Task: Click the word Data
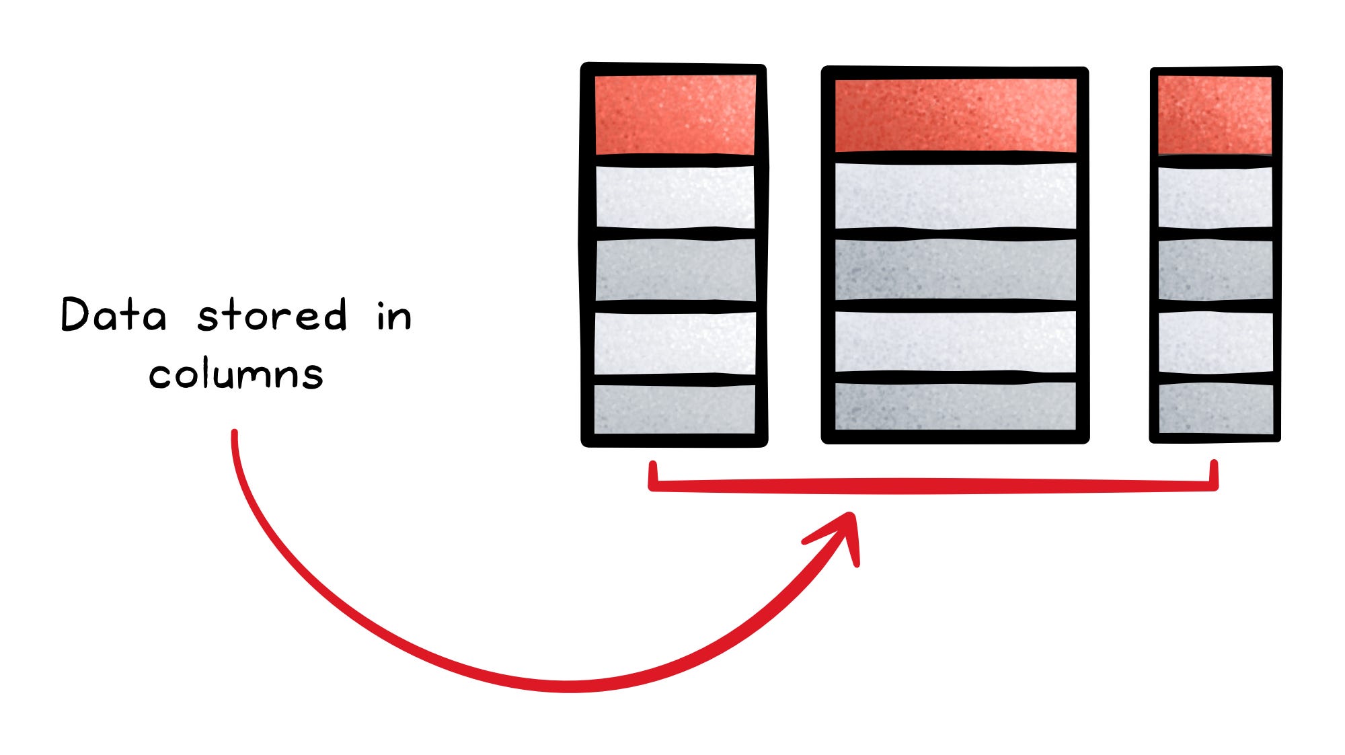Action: [113, 315]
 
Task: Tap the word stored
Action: [272, 315]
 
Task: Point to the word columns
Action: [236, 374]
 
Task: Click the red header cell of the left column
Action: [675, 114]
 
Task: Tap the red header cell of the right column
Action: [1215, 115]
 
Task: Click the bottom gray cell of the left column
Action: [675, 409]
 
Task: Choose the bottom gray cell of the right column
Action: [1215, 409]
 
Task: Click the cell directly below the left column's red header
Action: [675, 197]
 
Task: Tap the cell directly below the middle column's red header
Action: [955, 196]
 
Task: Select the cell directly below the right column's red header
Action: [1215, 198]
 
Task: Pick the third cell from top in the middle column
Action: [955, 270]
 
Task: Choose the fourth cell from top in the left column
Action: [675, 344]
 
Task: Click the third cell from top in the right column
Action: [1215, 270]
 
